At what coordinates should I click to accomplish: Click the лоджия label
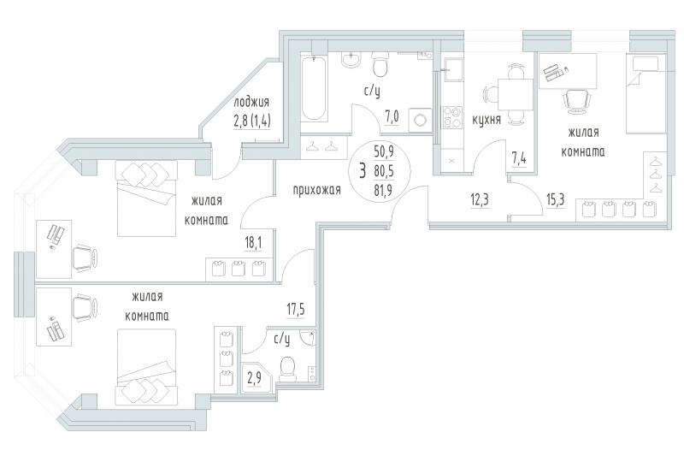(x=251, y=103)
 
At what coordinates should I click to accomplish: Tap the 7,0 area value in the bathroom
(x=392, y=117)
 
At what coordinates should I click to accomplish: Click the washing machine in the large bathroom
(x=421, y=119)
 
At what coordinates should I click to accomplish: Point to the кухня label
(x=486, y=120)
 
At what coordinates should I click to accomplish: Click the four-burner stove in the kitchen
(x=452, y=117)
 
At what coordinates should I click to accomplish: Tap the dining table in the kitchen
(x=516, y=94)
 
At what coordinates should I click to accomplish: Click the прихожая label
(x=316, y=190)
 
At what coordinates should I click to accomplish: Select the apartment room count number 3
(x=363, y=170)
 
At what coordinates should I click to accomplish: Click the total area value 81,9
(x=383, y=191)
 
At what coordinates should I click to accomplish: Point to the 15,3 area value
(x=555, y=199)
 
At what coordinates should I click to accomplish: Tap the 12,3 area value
(x=480, y=199)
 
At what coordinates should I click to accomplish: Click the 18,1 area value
(x=254, y=242)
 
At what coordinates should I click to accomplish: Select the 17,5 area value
(x=295, y=310)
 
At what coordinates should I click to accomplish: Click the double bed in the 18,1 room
(x=146, y=198)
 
